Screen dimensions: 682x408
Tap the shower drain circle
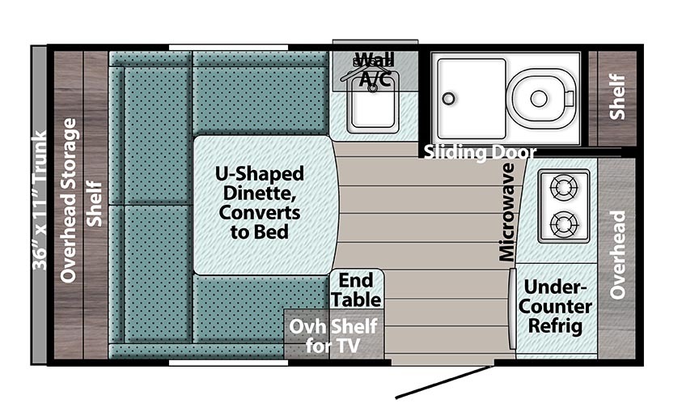pos(448,98)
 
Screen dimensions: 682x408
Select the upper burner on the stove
pos(564,188)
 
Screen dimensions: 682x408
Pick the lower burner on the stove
pos(564,225)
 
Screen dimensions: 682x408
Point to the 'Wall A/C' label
pos(375,69)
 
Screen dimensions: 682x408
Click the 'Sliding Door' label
pos(480,152)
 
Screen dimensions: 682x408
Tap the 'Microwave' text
pos(506,212)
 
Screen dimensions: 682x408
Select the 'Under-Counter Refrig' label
pos(555,307)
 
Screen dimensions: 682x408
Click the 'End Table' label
pos(356,290)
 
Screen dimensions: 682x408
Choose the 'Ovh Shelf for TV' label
pos(333,336)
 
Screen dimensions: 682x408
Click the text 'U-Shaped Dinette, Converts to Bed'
pos(260,202)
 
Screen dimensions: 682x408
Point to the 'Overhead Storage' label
pos(68,201)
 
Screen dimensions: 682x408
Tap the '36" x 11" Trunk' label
pos(39,200)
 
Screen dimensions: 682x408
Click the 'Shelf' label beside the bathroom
pos(617,96)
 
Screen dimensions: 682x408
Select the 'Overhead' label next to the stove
pos(617,255)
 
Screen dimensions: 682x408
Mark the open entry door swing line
pos(443,382)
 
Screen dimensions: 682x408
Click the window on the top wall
pos(228,48)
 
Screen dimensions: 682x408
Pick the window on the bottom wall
pos(228,363)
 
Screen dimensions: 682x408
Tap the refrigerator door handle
pos(512,308)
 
